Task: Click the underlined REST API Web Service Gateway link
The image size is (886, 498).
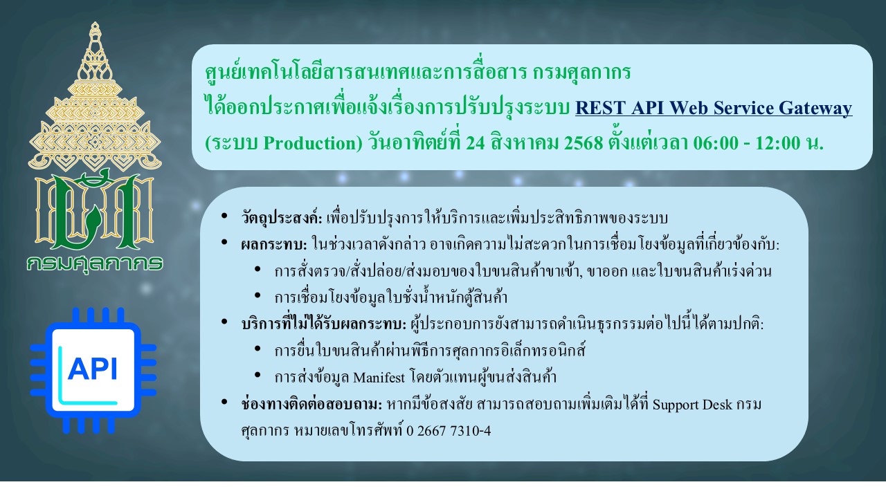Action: coord(714,108)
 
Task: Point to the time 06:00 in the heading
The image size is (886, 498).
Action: coord(716,143)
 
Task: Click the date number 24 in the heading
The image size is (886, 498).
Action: coord(475,143)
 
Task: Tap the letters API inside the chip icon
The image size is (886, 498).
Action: coord(93,369)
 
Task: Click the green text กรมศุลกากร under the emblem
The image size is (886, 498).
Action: coord(95,264)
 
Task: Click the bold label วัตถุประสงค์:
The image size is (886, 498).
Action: coord(282,218)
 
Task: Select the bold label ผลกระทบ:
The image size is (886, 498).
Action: coord(274,245)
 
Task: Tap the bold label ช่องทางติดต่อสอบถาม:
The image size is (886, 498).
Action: coord(311,405)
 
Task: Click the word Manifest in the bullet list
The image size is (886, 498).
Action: coord(379,378)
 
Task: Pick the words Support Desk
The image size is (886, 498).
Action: coord(692,405)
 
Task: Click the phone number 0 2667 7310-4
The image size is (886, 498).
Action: coord(449,431)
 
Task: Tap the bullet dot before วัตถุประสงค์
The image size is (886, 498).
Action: coord(224,216)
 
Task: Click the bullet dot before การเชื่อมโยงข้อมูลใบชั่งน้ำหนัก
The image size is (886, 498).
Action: coord(257,295)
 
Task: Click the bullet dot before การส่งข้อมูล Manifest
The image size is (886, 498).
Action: coord(257,375)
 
